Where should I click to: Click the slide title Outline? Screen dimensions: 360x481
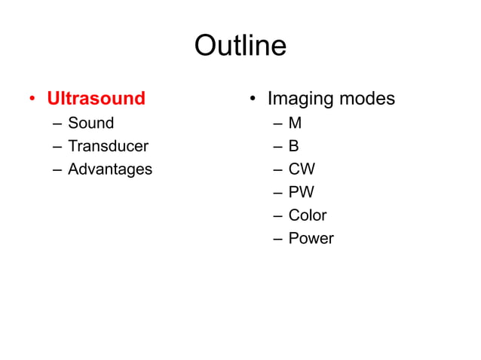point(240,46)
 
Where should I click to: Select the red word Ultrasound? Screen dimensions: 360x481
point(96,99)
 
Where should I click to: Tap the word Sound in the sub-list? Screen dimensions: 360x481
point(90,123)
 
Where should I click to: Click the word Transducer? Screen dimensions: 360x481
point(108,146)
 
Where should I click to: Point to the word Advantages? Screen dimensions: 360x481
point(109,169)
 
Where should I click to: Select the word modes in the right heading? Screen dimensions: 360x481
point(366,99)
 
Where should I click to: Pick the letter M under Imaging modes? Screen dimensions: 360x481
point(295,123)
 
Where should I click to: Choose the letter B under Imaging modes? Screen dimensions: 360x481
point(294,146)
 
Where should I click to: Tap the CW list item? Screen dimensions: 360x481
point(302,169)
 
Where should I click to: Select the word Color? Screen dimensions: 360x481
point(308,215)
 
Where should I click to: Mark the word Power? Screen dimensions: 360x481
point(311,239)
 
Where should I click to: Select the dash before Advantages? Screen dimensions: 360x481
point(57,170)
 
